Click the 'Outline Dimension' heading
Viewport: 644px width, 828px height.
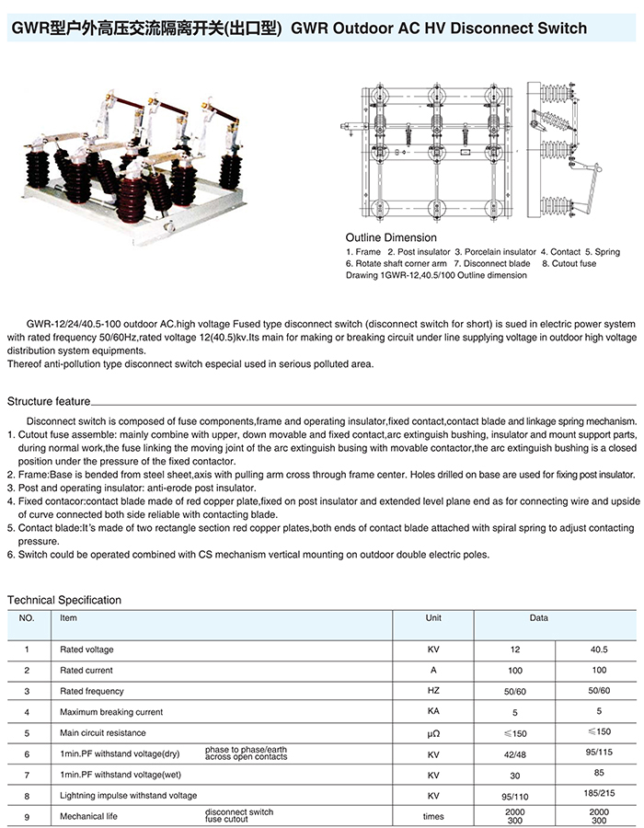pos(385,237)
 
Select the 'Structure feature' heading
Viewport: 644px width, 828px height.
pos(49,402)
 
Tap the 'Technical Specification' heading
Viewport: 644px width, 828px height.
pos(64,600)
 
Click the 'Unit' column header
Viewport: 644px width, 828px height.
pos(433,618)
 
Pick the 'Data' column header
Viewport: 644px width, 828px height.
pos(538,618)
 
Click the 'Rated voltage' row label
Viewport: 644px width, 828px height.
pos(86,650)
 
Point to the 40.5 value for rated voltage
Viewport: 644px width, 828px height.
pos(599,650)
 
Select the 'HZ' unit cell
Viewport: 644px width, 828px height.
pos(433,691)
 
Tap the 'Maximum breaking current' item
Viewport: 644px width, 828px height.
pos(111,712)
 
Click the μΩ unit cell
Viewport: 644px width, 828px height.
pos(433,733)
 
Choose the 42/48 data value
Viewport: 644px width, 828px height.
pos(515,753)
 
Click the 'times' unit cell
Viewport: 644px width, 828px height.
pos(433,816)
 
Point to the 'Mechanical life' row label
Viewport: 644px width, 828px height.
pos(88,816)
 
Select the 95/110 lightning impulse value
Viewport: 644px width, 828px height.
pos(515,795)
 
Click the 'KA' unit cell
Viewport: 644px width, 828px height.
pos(433,712)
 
